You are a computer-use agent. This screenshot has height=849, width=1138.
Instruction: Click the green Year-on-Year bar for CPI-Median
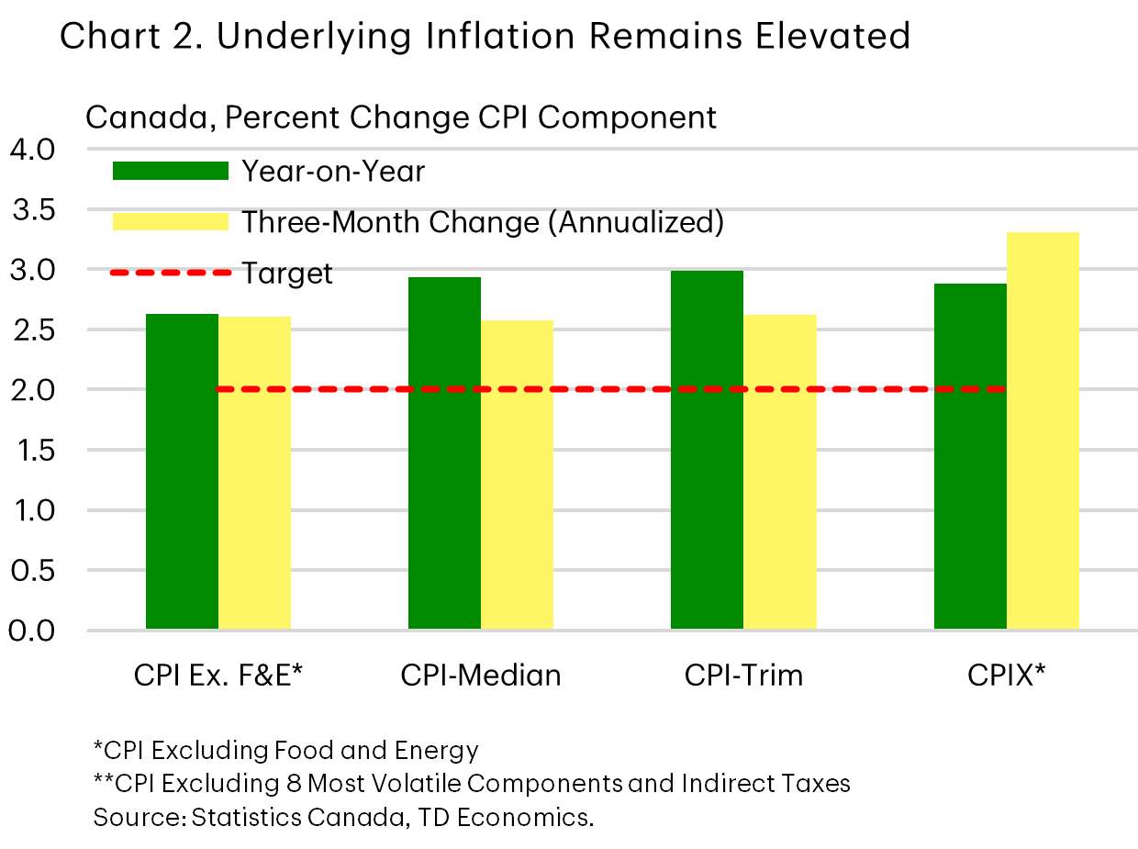click(444, 453)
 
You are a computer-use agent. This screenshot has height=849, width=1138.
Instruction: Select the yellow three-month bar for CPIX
click(1043, 431)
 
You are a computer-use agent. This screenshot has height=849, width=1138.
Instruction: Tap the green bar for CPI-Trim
click(707, 450)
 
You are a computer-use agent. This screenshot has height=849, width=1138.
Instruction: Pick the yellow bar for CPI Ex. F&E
click(254, 473)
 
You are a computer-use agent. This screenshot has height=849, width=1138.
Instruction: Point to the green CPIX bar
click(970, 456)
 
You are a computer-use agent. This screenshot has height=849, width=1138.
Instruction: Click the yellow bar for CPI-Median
click(517, 475)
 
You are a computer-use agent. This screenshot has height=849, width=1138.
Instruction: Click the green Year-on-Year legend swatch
click(170, 171)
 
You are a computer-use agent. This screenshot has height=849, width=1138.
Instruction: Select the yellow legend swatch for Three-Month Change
click(170, 222)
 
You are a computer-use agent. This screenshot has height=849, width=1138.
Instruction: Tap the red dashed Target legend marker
click(170, 273)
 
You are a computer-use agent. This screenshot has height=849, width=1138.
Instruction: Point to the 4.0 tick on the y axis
click(33, 149)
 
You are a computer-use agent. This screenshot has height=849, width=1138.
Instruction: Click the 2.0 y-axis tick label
click(33, 390)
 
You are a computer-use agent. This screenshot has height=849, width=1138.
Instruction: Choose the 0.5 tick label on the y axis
click(33, 571)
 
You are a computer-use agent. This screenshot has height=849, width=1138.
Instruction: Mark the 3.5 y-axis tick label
click(33, 209)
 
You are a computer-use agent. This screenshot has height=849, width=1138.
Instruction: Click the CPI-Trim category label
click(743, 676)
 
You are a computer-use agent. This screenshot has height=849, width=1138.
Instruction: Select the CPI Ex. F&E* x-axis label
click(218, 676)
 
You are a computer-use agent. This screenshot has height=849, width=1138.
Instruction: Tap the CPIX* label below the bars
click(1007, 676)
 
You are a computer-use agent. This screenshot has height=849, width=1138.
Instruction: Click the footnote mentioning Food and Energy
click(285, 751)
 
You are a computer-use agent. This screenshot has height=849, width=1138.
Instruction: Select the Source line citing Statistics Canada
click(343, 817)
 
